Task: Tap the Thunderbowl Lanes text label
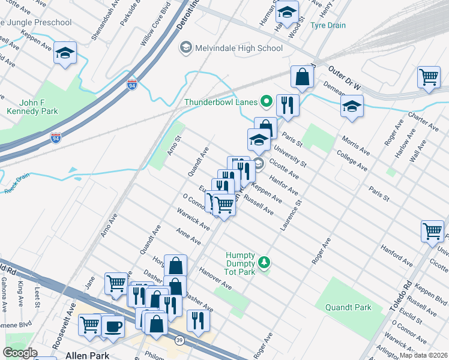pos(220,101)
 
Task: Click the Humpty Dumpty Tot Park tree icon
pos(263,262)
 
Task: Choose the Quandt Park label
pos(348,307)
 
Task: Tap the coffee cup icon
pos(112,326)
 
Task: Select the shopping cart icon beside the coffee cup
pos(90,325)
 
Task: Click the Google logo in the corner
pos(20,353)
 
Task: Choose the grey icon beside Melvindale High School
pos(186,48)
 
